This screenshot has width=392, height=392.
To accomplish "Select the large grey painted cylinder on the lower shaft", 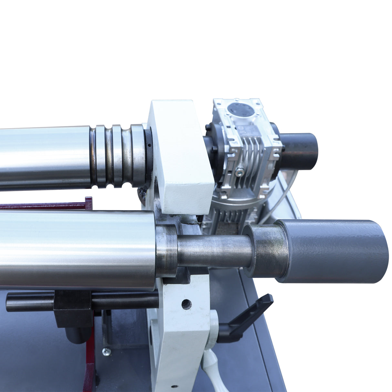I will pyautogui.click(x=336, y=251).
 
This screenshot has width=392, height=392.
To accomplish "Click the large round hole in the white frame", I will pyautogui.click(x=186, y=304).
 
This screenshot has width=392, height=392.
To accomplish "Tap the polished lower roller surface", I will pyautogui.click(x=77, y=249).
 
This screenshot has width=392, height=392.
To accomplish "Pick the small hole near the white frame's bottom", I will pyautogui.click(x=174, y=386).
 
